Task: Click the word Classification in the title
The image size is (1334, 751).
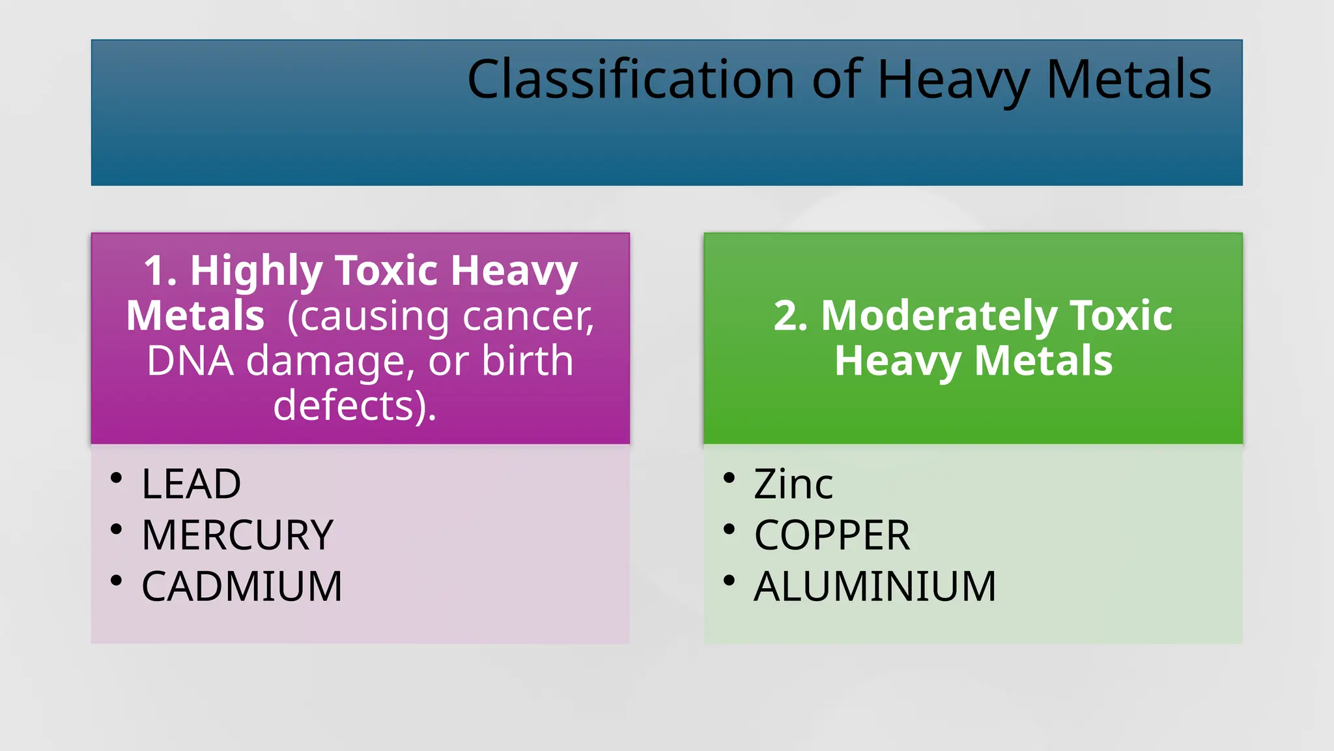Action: point(631,80)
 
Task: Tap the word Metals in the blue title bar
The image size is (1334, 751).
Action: point(1128,80)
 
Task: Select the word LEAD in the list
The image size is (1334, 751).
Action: point(191,484)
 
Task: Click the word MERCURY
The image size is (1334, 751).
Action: point(237,535)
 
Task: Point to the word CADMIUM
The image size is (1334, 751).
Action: point(242,586)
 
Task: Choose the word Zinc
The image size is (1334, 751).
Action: point(793,484)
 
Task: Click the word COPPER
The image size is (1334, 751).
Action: point(832,535)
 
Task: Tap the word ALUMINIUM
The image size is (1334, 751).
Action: point(875,586)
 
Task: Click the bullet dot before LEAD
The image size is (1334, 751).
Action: point(117,479)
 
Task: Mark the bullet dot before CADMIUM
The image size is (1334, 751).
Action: point(117,580)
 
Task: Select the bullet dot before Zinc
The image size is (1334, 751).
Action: point(729,479)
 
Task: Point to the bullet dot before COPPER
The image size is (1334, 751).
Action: point(729,529)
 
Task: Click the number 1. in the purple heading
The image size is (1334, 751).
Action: point(160,271)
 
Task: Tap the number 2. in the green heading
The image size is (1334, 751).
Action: point(790,316)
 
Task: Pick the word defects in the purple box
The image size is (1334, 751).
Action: point(344,405)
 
